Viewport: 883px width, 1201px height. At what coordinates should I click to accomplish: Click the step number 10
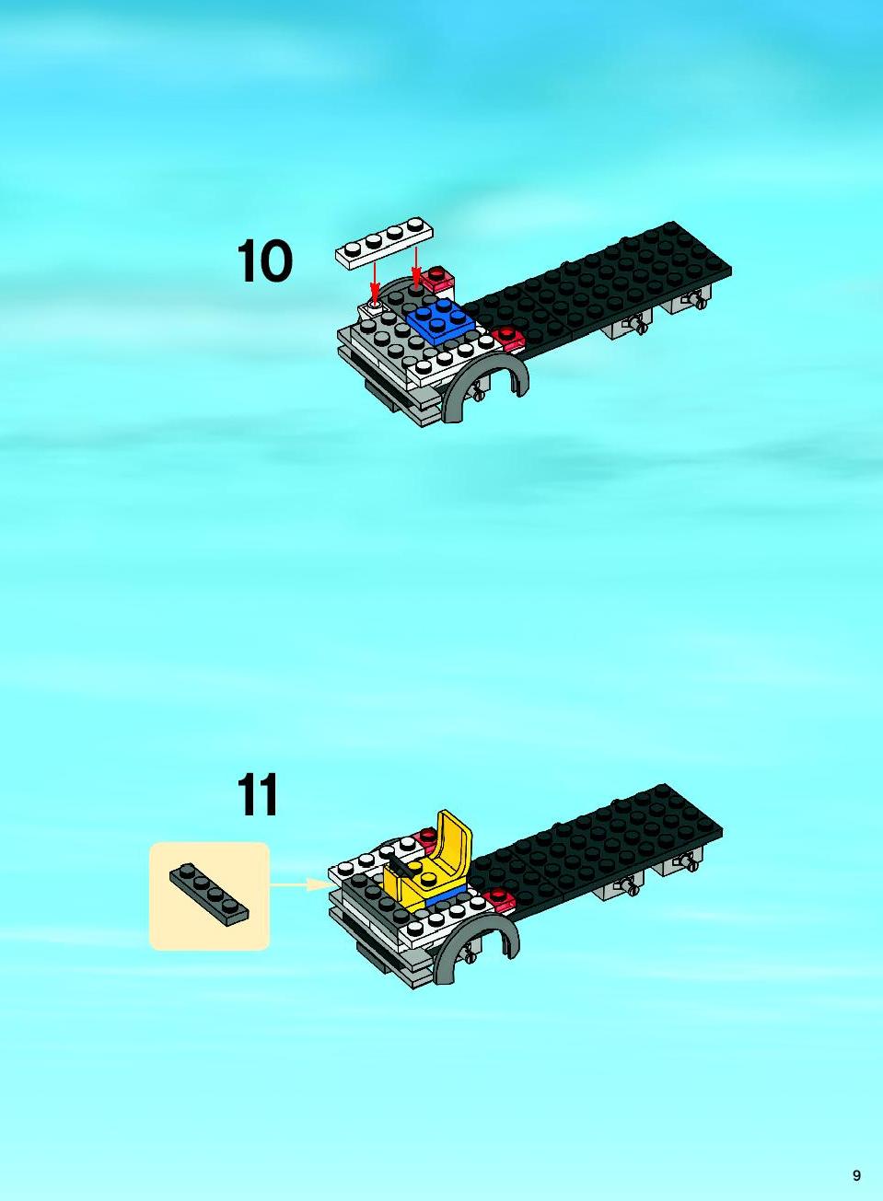tap(265, 261)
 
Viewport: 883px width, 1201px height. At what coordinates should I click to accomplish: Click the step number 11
tap(258, 795)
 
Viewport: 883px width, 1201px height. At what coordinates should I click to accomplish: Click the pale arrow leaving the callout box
tap(300, 885)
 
